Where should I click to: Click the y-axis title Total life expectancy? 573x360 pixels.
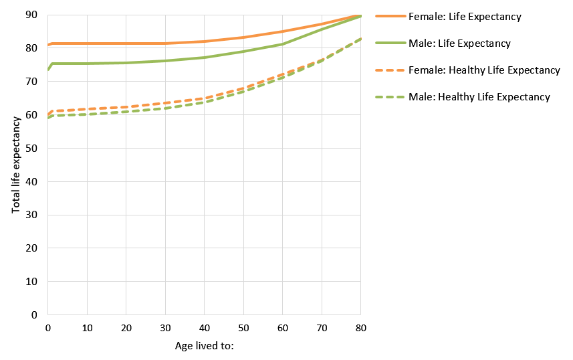(x=16, y=165)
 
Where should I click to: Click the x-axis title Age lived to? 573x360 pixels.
(x=204, y=346)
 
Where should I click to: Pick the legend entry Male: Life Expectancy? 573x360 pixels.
(x=459, y=43)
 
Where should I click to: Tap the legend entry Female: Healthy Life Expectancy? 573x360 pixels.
(x=483, y=70)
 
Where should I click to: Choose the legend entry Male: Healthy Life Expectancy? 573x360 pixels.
(x=479, y=97)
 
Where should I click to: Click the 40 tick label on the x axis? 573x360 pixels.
(x=204, y=328)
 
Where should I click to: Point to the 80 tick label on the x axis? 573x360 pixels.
(x=360, y=328)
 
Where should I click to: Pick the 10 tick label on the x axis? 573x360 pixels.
(x=87, y=328)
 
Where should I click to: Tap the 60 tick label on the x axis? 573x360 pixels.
(x=282, y=328)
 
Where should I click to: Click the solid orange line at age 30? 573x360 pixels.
(x=165, y=43)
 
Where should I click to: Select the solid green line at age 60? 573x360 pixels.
(x=282, y=44)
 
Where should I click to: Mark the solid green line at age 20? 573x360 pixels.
(x=126, y=63)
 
